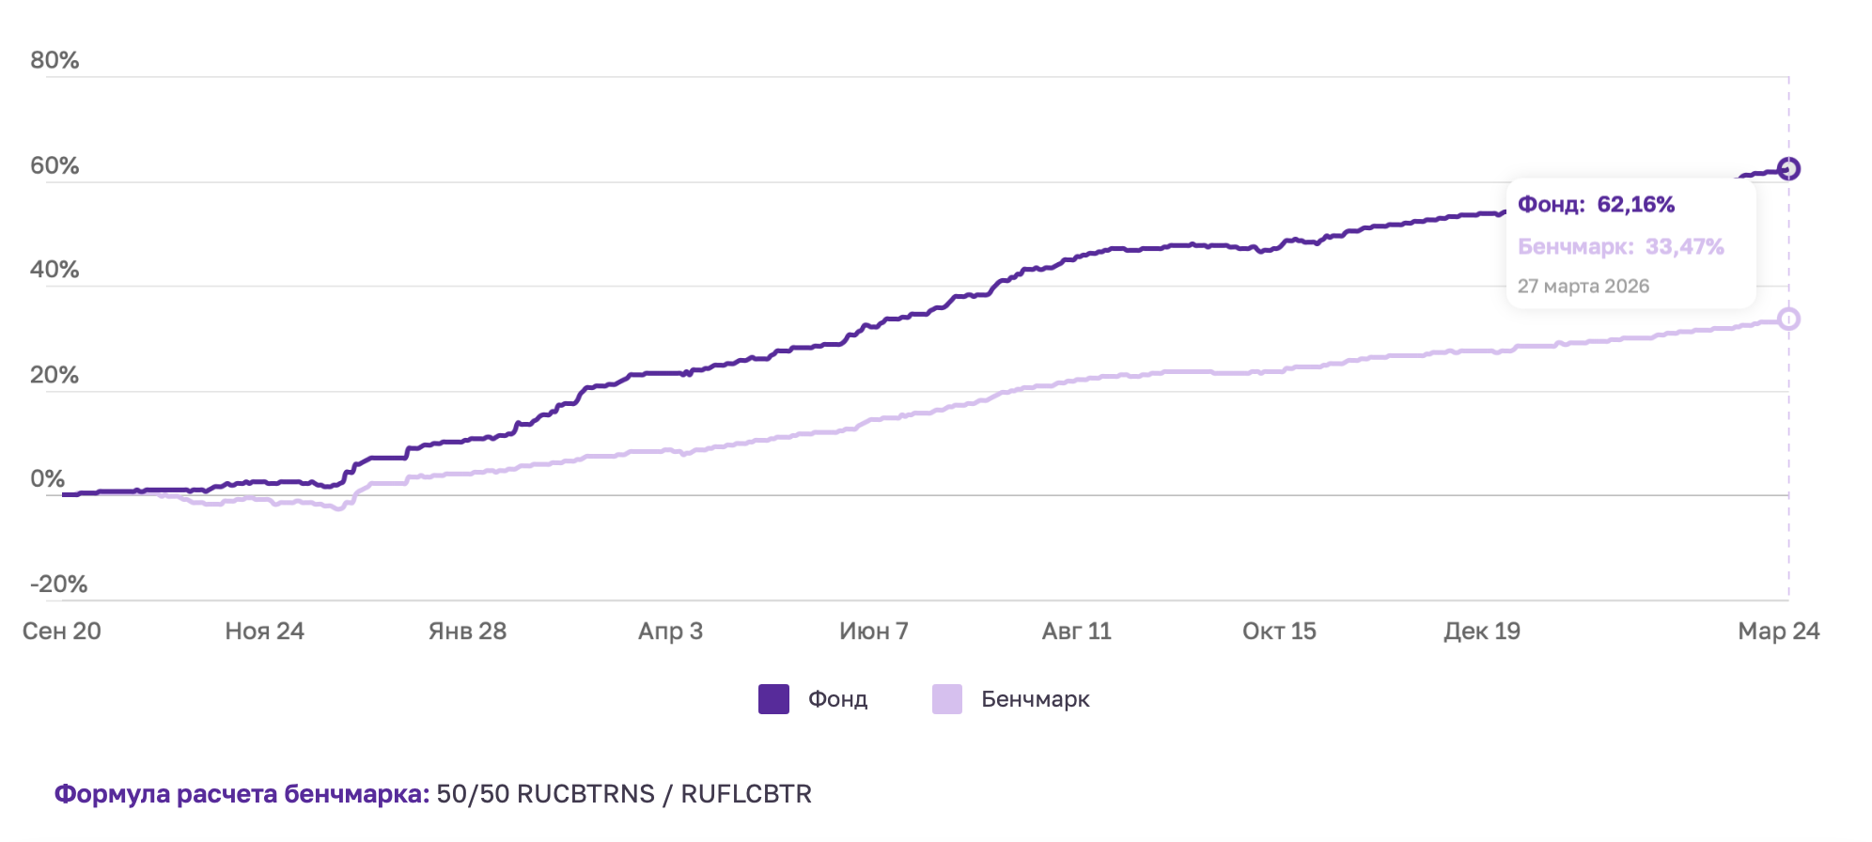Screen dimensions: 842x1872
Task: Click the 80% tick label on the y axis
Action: coord(55,60)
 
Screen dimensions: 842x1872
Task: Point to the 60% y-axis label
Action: coord(55,165)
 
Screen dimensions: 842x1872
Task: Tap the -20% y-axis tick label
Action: coord(58,584)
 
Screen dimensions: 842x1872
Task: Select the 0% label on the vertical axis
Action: coord(47,478)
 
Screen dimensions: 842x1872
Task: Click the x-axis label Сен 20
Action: coord(62,631)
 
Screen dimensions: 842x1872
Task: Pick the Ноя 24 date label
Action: coord(264,631)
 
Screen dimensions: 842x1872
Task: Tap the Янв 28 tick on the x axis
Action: coord(467,631)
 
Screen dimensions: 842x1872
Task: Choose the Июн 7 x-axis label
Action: coord(873,631)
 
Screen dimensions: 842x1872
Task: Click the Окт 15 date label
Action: coord(1279,631)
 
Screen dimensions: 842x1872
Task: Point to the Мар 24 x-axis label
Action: coord(1778,631)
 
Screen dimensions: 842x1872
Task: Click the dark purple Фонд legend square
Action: coord(773,699)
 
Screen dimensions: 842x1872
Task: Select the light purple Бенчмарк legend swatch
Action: coord(946,699)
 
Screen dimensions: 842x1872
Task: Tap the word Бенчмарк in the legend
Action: coord(1035,699)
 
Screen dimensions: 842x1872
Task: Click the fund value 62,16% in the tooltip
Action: coord(1635,205)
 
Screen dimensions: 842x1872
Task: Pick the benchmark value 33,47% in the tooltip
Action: coord(1684,247)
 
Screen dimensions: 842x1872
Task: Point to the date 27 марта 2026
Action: coord(1583,287)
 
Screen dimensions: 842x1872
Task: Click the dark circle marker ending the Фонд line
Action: coord(1788,169)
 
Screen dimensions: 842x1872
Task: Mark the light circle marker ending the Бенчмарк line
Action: coord(1788,320)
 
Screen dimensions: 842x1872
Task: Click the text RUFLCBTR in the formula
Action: coord(746,794)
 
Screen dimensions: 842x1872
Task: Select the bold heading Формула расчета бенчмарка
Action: coord(242,794)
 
